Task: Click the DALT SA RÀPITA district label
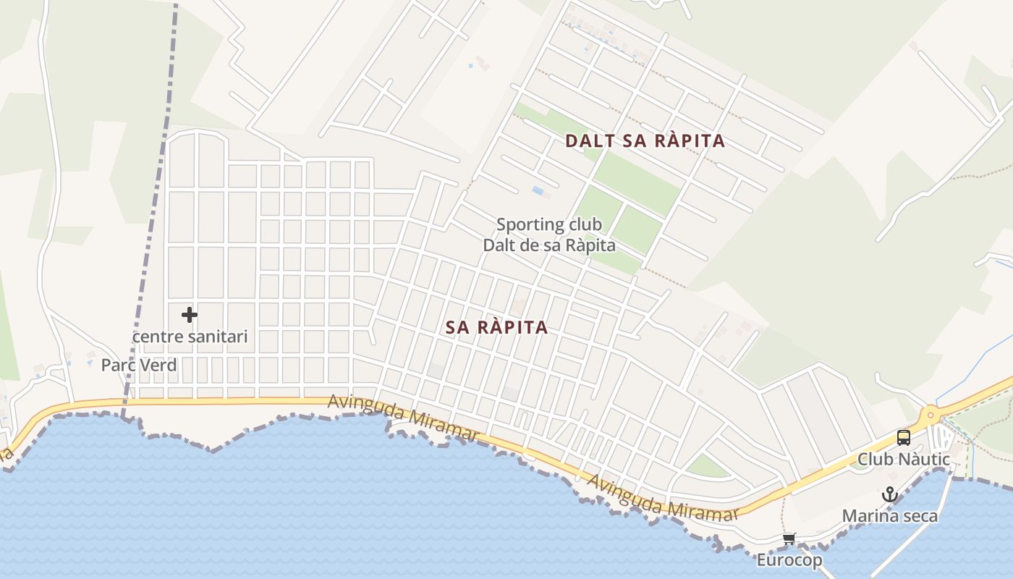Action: (645, 140)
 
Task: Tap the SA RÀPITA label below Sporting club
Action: (496, 327)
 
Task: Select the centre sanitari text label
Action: (190, 337)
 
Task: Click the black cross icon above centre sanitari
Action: (190, 315)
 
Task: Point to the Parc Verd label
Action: (139, 365)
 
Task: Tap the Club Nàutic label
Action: (903, 459)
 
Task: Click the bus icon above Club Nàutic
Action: (903, 437)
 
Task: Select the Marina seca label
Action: (889, 516)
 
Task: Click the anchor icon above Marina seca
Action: (889, 495)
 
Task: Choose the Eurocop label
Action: (789, 560)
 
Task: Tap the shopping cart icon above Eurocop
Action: (789, 538)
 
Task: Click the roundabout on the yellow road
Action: (930, 415)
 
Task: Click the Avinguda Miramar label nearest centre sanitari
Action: (404, 418)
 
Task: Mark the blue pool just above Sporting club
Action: (538, 190)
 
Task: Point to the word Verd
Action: (158, 365)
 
